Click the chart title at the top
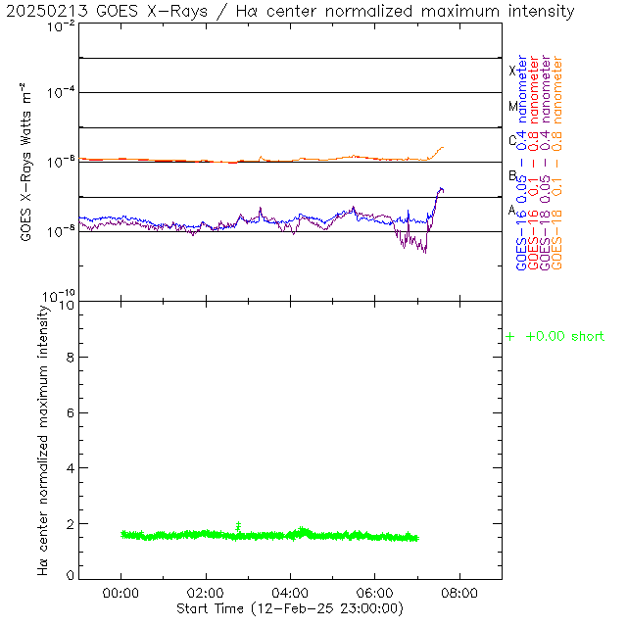click(290, 11)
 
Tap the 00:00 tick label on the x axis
click(121, 593)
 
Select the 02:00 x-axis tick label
click(206, 593)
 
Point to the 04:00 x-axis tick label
click(290, 593)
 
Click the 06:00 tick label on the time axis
click(375, 593)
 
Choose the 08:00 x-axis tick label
click(459, 593)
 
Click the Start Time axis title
click(290, 609)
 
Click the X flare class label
click(512, 71)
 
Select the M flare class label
click(512, 106)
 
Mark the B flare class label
click(512, 176)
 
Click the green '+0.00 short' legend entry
click(555, 337)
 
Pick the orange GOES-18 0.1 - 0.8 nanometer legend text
click(557, 163)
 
